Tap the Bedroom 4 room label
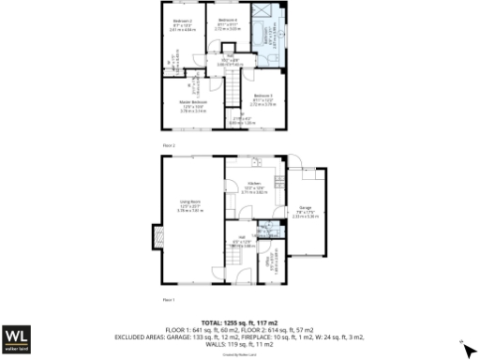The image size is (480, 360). tap(229, 20)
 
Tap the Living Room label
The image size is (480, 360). tap(191, 202)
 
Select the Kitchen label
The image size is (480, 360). tap(253, 184)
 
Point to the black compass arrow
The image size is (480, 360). tap(470, 350)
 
